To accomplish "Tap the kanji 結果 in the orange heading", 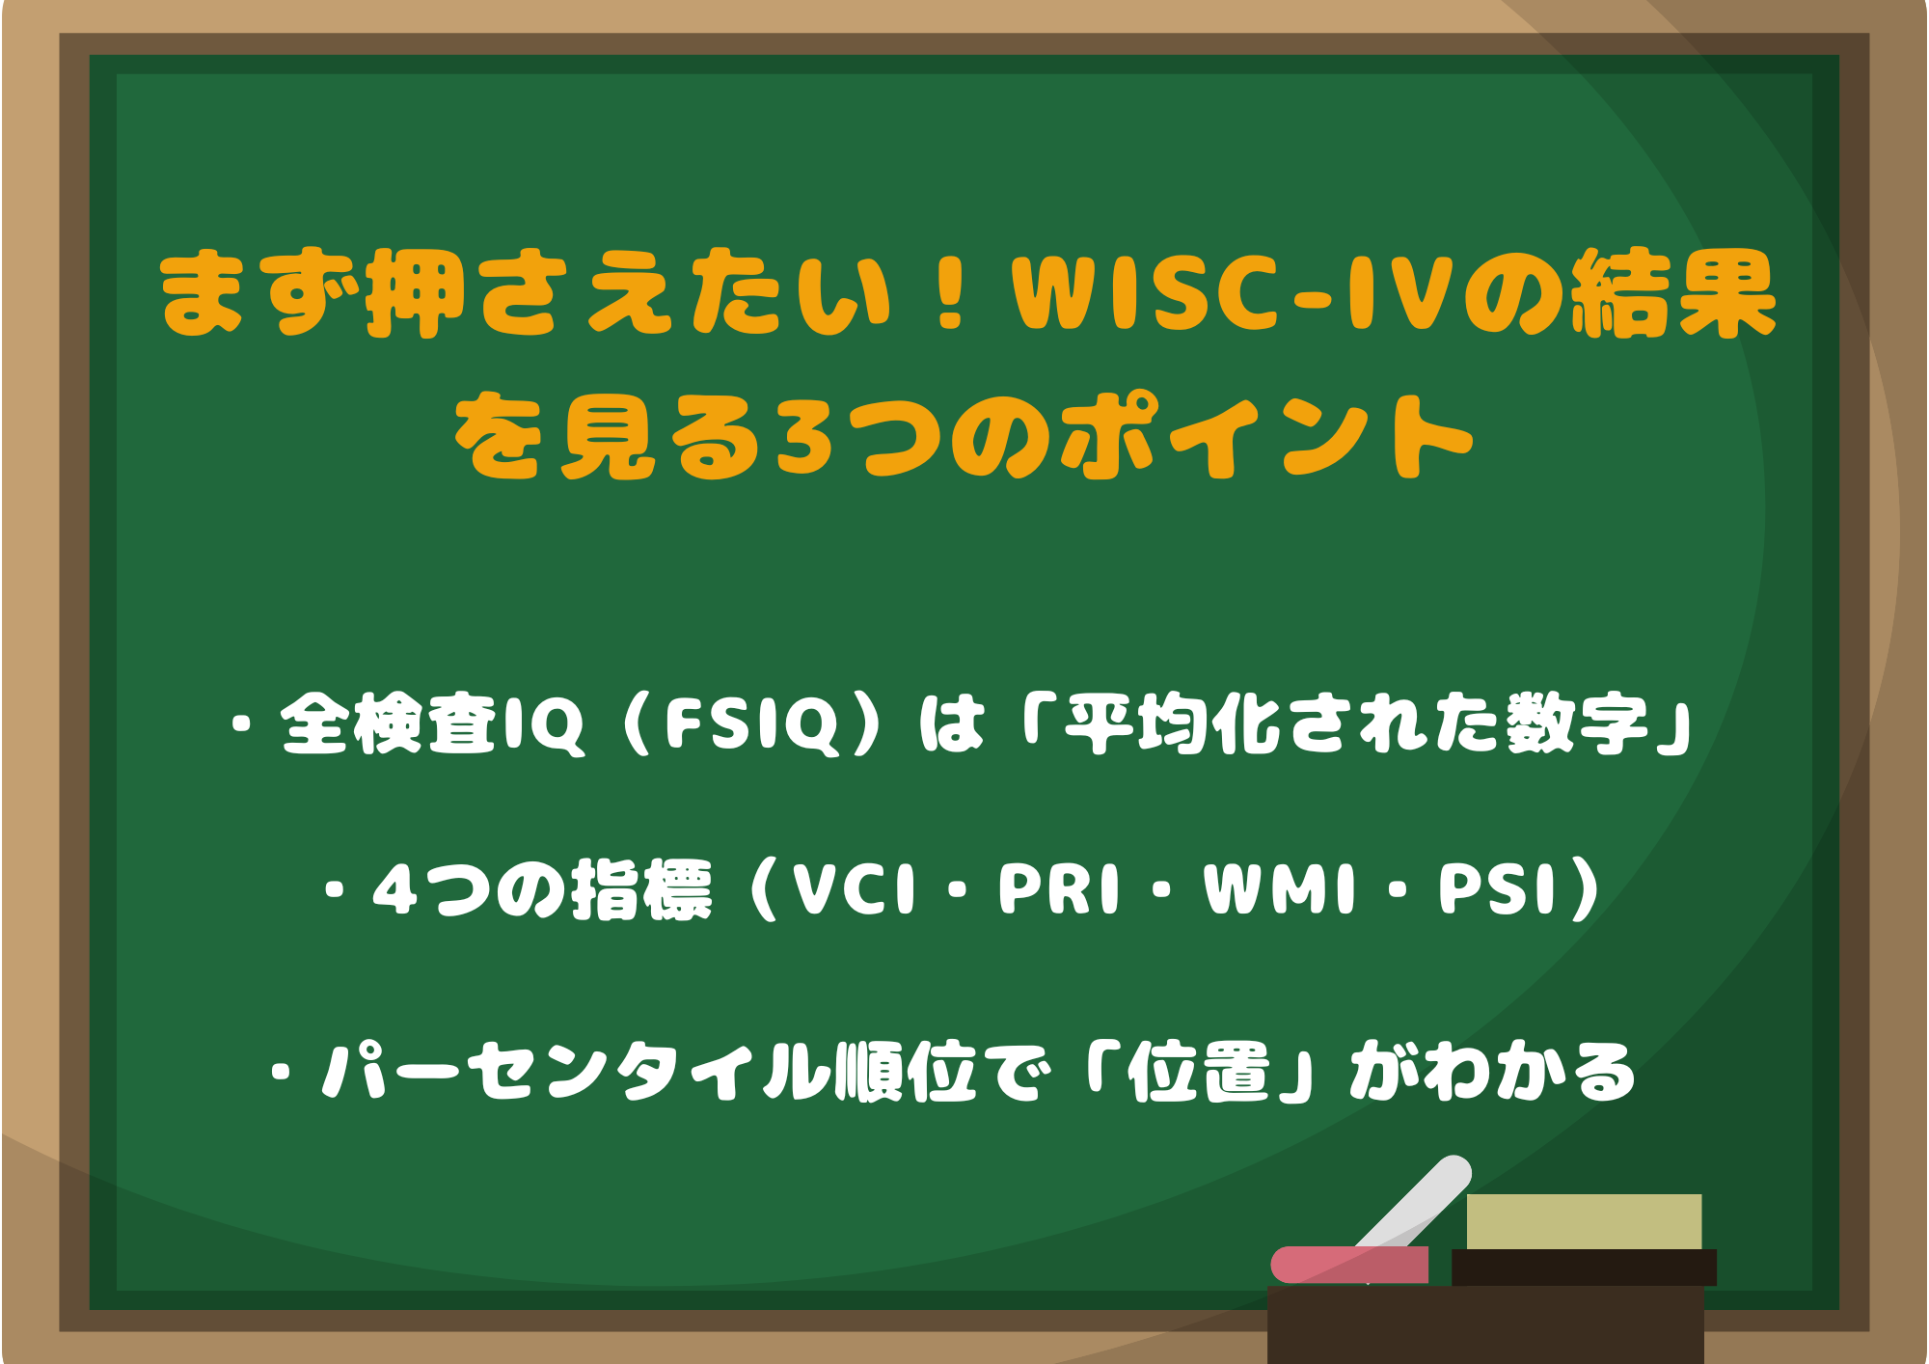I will (1673, 293).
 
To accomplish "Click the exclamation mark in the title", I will (951, 291).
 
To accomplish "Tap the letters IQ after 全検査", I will (544, 724).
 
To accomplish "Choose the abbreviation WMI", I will (1279, 888).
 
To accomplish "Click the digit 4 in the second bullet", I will (394, 888).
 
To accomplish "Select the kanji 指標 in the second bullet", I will (641, 888).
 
